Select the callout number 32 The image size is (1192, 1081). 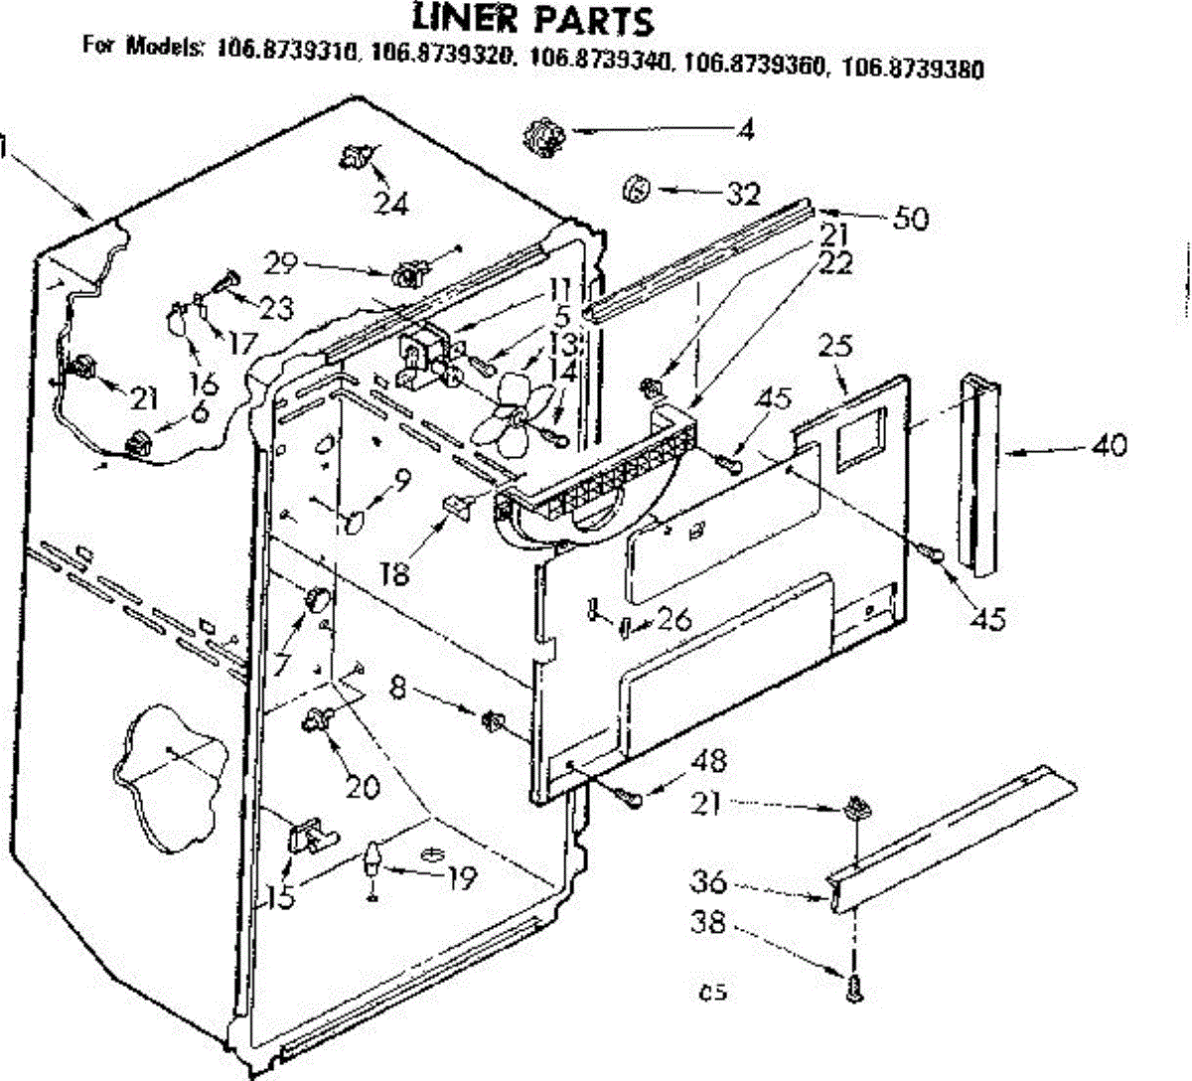[x=742, y=194]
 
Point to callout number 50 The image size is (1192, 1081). [x=910, y=219]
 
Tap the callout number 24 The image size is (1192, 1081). [x=391, y=204]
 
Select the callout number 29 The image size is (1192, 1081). [x=282, y=263]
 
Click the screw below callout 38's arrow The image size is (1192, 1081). [x=853, y=986]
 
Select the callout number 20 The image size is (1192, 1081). [x=364, y=787]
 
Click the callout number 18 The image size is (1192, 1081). [x=395, y=575]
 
